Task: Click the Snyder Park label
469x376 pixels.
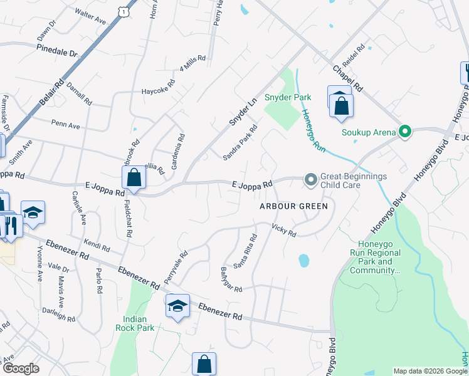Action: (288, 97)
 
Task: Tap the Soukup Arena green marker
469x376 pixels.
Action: (405, 132)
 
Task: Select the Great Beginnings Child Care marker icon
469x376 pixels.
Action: (310, 180)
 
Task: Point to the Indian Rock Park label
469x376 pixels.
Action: (135, 323)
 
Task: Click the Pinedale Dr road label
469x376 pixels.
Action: (56, 50)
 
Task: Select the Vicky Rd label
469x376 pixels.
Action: (283, 230)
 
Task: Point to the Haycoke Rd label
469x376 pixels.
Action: (158, 86)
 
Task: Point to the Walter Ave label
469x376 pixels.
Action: (90, 16)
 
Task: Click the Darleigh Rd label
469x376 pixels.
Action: (59, 314)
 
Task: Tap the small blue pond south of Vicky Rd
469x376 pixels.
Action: (303, 259)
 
